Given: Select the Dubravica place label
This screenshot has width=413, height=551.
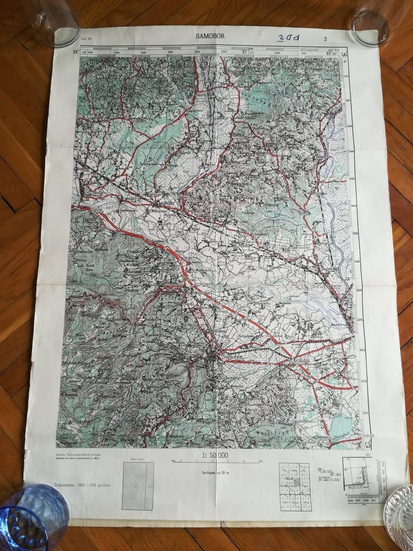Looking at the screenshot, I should pos(245,117).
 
